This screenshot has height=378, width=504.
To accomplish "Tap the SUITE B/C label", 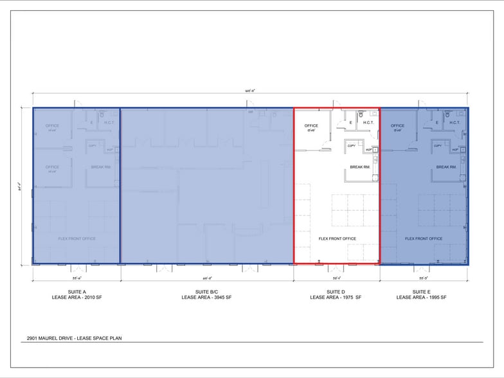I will click(206, 291).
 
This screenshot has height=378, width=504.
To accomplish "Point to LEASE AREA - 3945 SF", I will click(206, 297).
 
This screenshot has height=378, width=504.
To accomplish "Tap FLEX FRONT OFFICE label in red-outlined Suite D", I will click(337, 239).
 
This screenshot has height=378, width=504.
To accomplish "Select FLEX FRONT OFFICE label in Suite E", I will click(424, 239).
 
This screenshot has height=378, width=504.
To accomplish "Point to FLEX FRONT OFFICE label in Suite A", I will click(76, 239).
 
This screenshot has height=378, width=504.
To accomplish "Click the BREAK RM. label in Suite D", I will click(359, 167).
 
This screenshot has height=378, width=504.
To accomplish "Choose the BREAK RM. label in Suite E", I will click(446, 167).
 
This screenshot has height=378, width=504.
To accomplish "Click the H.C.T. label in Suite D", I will click(368, 122).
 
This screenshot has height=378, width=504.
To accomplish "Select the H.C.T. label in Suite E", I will click(455, 122).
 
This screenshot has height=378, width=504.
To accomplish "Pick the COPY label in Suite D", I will click(352, 146).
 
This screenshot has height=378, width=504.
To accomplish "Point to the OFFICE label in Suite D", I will click(311, 126).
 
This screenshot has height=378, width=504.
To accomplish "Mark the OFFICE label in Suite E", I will click(398, 126).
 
